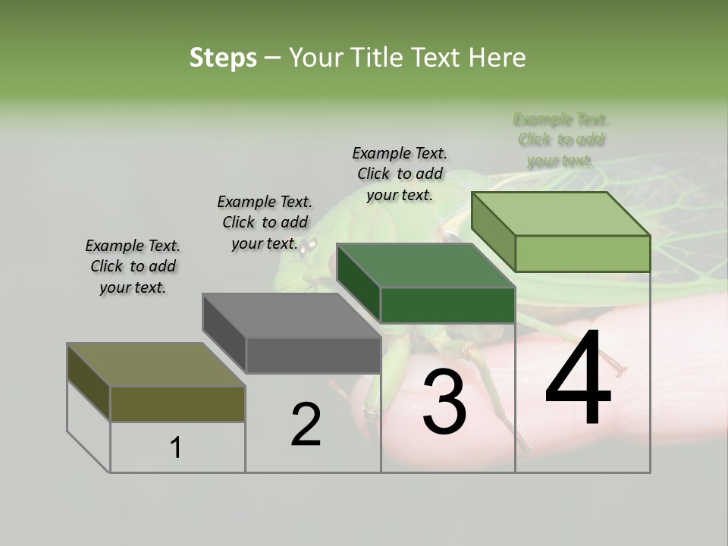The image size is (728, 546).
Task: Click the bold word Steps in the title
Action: pyautogui.click(x=223, y=58)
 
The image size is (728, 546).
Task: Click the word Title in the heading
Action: pyautogui.click(x=374, y=58)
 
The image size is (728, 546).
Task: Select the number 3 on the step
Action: pyautogui.click(x=444, y=402)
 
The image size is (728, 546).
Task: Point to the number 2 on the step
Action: pyautogui.click(x=306, y=425)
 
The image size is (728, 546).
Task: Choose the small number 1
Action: pyautogui.click(x=176, y=448)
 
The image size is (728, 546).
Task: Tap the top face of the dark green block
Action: pyautogui.click(x=425, y=266)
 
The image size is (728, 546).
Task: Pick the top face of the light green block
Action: pyautogui.click(x=560, y=214)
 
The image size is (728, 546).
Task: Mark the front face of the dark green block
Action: pyautogui.click(x=447, y=306)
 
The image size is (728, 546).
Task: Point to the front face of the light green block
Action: pyautogui.click(x=582, y=253)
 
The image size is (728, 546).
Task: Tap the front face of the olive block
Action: pyautogui.click(x=177, y=403)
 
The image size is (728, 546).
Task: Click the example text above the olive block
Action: pyautogui.click(x=133, y=266)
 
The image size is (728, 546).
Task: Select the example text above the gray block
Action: pyautogui.click(x=265, y=222)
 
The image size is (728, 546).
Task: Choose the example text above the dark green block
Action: pyautogui.click(x=400, y=174)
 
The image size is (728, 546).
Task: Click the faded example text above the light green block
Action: pyautogui.click(x=560, y=140)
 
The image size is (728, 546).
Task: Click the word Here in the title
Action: pyautogui.click(x=497, y=58)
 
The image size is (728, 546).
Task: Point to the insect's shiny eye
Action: pyautogui.click(x=309, y=245)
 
